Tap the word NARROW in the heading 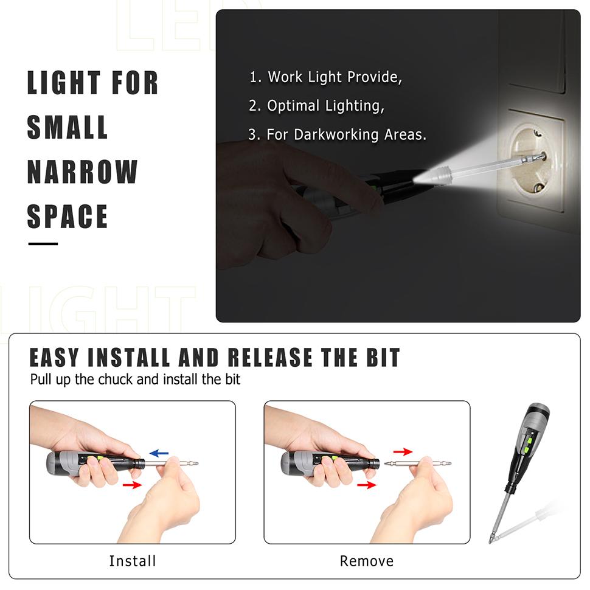(82, 172)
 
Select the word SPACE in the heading (68, 217)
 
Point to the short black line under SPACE (43, 244)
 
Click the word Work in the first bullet (285, 77)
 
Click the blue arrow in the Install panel (159, 453)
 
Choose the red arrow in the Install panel (132, 485)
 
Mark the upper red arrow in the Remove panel (402, 451)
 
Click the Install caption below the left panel (133, 561)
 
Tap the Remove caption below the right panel (366, 561)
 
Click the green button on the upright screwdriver (530, 439)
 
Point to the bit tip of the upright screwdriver (491, 539)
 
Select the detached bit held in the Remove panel (417, 464)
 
